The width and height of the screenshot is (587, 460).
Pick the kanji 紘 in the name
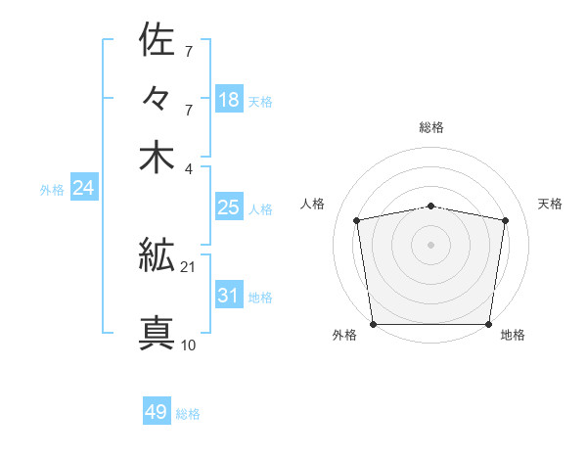158,257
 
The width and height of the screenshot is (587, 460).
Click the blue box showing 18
229,99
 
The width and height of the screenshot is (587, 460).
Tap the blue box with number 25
229,207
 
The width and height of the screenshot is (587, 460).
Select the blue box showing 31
229,296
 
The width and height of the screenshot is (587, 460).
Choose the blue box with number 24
83,188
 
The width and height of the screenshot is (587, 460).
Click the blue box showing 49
157,412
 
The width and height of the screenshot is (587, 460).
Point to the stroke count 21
188,267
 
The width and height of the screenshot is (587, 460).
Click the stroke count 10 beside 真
188,345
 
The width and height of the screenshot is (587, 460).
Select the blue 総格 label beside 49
188,414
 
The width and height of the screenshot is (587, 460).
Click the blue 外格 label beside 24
52,190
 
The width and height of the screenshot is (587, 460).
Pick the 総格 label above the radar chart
431,127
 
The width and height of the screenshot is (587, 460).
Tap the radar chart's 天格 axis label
551,204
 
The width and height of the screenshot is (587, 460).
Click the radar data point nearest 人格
357,220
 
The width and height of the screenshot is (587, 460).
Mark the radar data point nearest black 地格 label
489,324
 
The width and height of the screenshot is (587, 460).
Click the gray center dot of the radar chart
431,244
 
